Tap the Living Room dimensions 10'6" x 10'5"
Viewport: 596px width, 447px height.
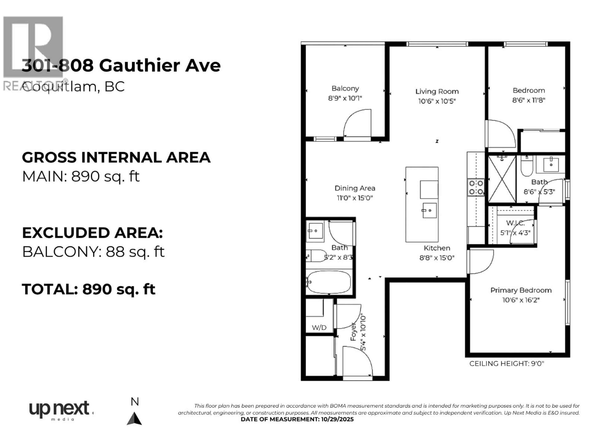437,101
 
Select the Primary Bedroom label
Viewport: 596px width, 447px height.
521,290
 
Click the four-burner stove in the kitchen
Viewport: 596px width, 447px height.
476,187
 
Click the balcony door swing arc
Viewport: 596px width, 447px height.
357,123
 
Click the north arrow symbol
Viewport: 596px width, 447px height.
134,419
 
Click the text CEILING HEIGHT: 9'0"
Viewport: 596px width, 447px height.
507,363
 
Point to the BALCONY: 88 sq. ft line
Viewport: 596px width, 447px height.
93,252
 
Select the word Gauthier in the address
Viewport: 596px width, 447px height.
139,65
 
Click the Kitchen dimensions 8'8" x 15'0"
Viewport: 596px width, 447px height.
437,258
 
